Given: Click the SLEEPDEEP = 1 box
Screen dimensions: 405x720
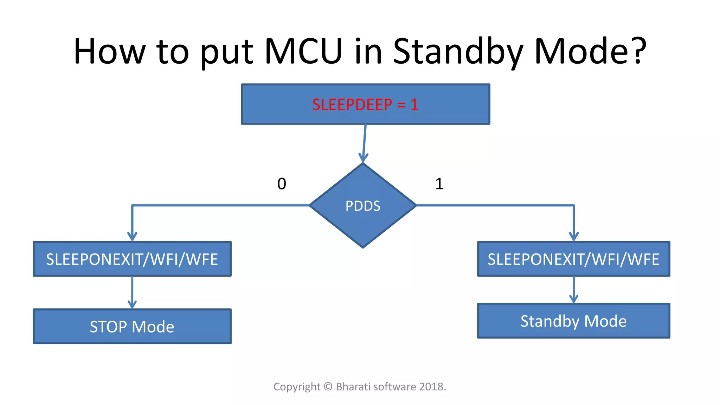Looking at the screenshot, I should (365, 104).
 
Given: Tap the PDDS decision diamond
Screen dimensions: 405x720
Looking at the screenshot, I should (363, 206).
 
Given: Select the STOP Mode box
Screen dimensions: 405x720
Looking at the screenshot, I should (132, 327).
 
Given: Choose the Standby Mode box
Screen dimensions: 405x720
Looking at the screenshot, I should (573, 321).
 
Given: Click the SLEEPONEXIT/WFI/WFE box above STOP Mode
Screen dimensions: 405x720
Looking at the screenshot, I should (132, 259).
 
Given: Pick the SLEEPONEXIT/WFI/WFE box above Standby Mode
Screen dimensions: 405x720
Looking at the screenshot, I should (573, 259).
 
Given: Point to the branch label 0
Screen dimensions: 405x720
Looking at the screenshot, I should (282, 184).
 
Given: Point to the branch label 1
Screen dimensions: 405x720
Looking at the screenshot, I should (439, 184).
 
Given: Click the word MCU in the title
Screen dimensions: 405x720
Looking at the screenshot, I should (303, 51).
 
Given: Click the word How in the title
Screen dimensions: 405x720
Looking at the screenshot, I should (109, 51).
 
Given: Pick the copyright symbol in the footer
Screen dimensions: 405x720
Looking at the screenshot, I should (328, 387).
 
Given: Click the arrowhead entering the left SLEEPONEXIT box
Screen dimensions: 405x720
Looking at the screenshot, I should (132, 236).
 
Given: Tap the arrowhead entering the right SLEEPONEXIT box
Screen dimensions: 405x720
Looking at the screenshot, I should (574, 236).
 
